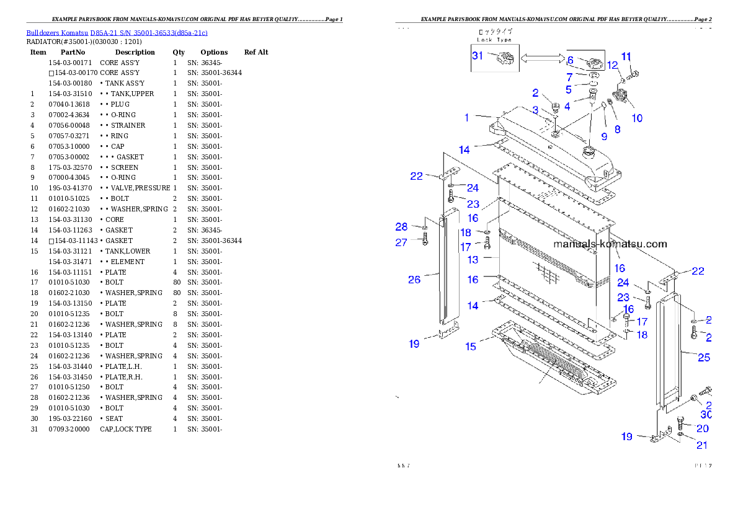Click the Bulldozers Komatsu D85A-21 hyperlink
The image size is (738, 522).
point(117,32)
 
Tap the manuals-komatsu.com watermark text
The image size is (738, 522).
point(610,244)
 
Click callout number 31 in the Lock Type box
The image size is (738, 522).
point(478,56)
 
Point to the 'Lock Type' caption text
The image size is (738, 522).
point(494,40)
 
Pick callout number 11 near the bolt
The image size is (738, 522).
point(626,56)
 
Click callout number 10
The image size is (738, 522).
point(637,118)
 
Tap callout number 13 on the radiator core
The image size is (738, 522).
point(473,260)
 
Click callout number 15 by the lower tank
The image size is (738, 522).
point(471,347)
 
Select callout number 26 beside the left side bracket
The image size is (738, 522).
point(414,280)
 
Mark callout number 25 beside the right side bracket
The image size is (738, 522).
point(704,357)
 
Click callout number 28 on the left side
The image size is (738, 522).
point(401,227)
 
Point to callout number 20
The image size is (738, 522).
point(702,428)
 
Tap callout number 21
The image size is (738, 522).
point(701,445)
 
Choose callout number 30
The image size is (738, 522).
point(706,415)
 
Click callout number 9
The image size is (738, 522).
point(603,136)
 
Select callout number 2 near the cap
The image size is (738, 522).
point(535,94)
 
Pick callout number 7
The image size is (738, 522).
point(569,77)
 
